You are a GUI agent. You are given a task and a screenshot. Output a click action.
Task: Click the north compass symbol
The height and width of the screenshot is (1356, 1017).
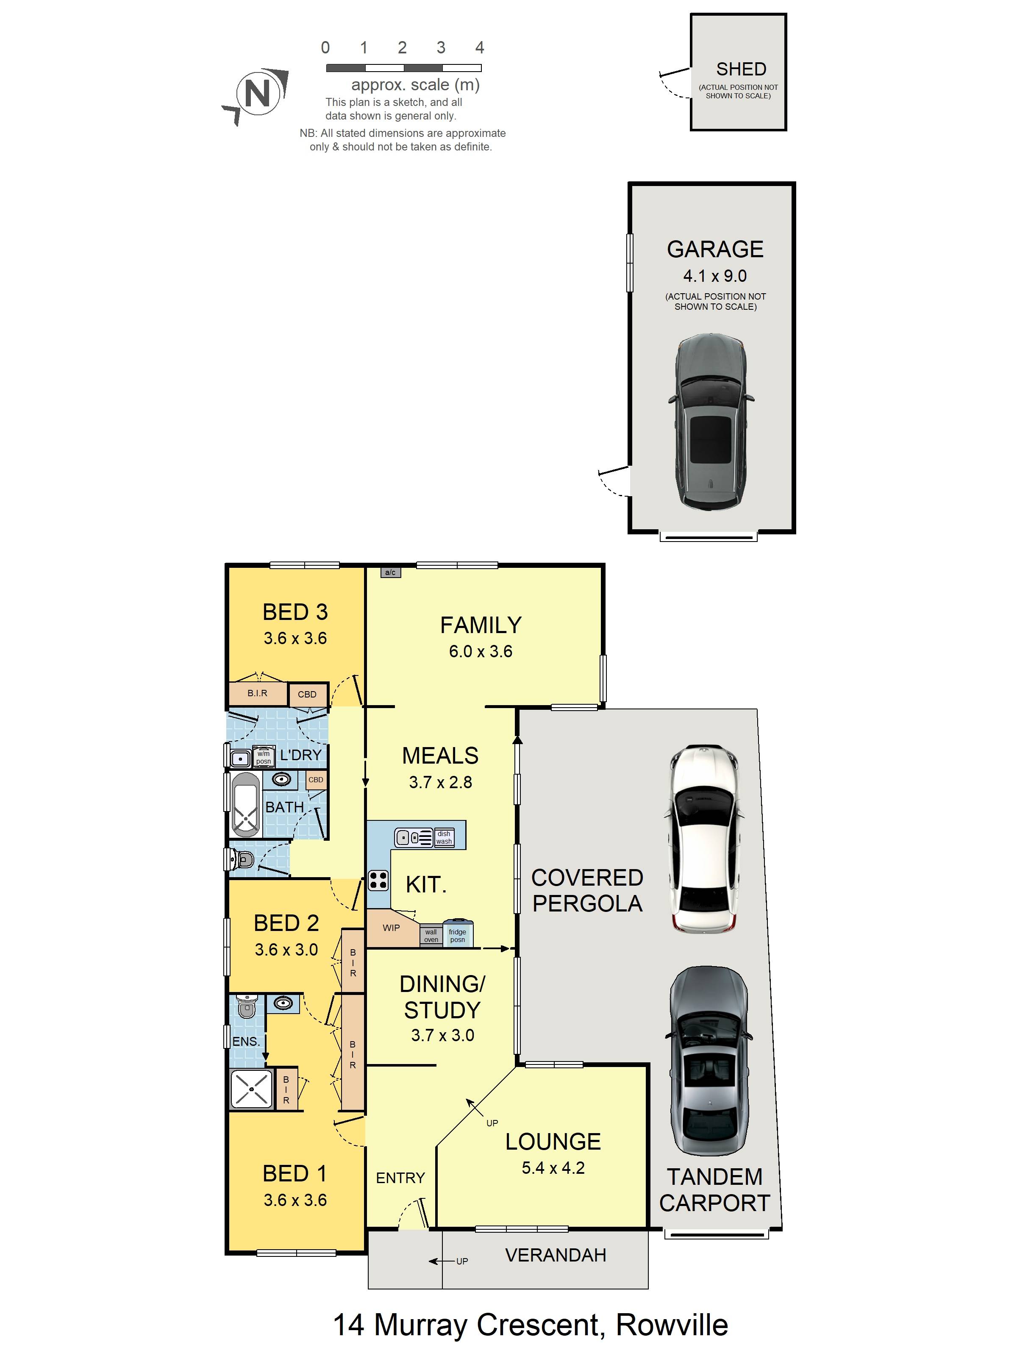[258, 94]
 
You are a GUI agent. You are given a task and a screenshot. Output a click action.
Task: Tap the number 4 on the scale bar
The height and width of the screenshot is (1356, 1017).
[479, 48]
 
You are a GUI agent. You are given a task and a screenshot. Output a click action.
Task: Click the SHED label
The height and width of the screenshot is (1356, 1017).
[741, 69]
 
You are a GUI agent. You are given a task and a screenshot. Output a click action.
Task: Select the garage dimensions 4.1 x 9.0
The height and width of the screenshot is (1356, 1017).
[715, 276]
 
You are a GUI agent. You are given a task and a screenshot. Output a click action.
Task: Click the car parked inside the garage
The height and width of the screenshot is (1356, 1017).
[711, 420]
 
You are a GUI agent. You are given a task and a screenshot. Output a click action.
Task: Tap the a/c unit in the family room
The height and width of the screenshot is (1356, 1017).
[391, 572]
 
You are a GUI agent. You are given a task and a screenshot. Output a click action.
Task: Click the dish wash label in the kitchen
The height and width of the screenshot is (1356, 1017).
[444, 837]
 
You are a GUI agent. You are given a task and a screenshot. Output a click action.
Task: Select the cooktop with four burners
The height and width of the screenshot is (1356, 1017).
[378, 880]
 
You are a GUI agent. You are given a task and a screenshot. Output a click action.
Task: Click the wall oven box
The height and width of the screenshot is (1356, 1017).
[431, 936]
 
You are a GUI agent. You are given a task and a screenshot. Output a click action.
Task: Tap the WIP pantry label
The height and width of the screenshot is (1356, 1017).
[391, 928]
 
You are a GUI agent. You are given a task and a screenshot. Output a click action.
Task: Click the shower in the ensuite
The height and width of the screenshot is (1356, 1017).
[251, 1089]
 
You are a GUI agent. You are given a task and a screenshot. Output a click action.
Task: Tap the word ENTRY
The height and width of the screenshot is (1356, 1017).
[400, 1178]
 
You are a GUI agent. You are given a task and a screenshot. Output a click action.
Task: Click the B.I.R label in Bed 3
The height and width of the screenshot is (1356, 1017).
[258, 693]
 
